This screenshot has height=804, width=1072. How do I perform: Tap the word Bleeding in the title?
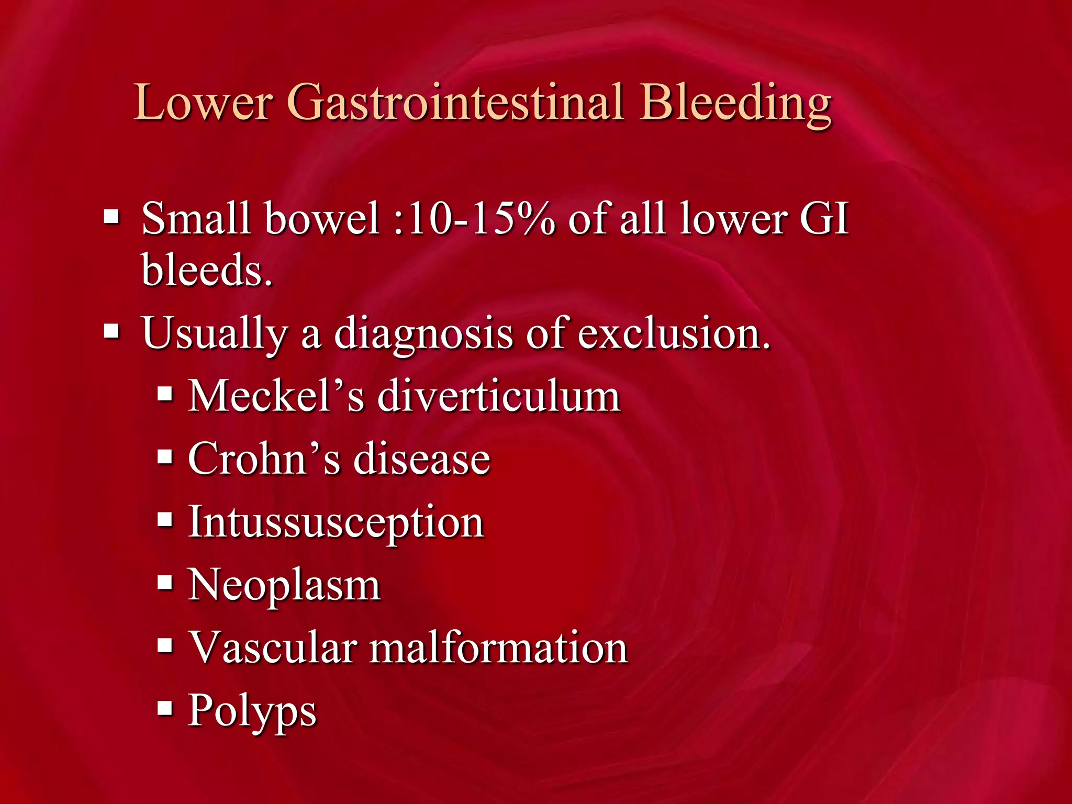(735, 102)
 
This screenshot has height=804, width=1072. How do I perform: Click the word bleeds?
(207, 270)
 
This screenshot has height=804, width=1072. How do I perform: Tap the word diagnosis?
(423, 333)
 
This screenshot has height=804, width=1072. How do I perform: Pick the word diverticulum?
(499, 396)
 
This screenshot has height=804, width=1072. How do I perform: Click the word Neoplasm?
(284, 585)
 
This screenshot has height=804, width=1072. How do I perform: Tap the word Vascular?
(272, 648)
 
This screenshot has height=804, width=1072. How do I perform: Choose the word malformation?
(499, 648)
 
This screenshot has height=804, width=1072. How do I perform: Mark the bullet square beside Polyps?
(165, 708)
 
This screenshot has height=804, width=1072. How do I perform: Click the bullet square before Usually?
(111, 331)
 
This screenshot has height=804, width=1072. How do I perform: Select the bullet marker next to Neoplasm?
(165, 582)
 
